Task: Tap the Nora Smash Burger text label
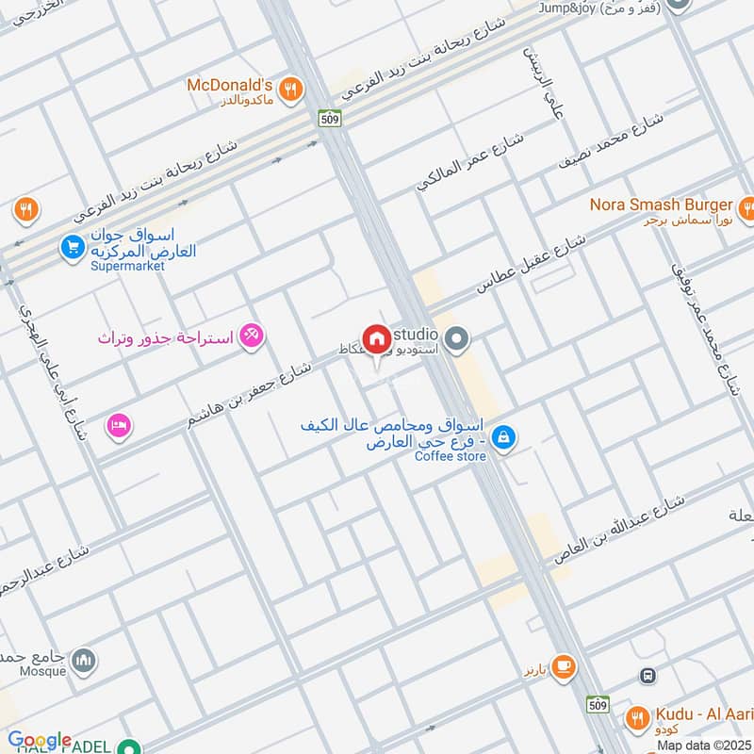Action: pos(661,205)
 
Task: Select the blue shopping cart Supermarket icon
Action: pos(73,248)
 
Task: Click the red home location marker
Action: pos(377,339)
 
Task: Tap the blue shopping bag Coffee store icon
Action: pos(504,437)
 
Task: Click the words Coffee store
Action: pos(451,457)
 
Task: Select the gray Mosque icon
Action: pos(85,659)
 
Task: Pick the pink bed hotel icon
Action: pos(119,425)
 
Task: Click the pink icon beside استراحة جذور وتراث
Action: pos(252,335)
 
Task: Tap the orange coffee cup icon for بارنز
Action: pos(564,667)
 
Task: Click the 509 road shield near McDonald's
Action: pos(329,120)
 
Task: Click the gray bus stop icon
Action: pos(648,675)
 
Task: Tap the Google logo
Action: pos(40,741)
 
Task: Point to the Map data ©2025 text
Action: pos(703,746)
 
